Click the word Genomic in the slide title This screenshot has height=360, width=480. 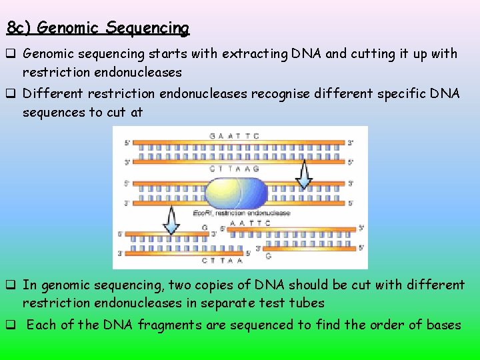coord(69,28)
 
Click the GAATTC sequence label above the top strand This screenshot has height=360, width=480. coord(234,136)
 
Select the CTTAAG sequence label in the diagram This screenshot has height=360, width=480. coord(235,169)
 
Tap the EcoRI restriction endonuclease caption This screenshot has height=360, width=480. coord(241,213)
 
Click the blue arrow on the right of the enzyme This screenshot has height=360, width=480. coord(304,176)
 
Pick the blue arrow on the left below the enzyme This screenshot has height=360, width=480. coord(171,220)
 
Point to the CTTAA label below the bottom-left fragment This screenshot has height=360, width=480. coord(217,261)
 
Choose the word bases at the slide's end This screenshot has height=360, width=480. coord(443,325)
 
